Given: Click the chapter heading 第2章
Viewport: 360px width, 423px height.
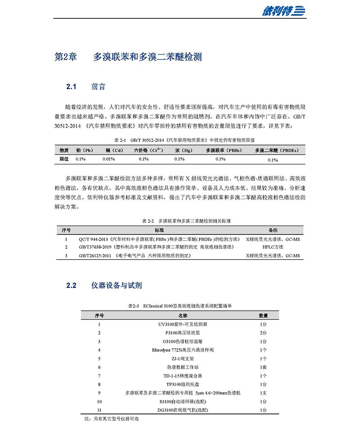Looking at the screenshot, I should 66,57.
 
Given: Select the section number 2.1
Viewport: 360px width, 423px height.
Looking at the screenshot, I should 72,86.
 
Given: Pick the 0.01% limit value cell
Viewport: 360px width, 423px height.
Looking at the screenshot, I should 109,159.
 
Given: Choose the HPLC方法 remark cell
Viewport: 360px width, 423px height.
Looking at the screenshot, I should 273,247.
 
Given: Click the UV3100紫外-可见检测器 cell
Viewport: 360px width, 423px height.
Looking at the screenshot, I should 183,324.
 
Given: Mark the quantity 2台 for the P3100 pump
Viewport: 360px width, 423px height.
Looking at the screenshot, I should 263,332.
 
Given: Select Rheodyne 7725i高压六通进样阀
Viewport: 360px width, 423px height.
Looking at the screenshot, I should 183,350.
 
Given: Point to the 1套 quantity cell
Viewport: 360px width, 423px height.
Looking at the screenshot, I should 263,367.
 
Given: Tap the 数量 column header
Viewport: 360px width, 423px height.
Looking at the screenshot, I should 263,315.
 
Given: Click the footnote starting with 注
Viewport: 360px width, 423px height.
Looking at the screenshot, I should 110,418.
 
